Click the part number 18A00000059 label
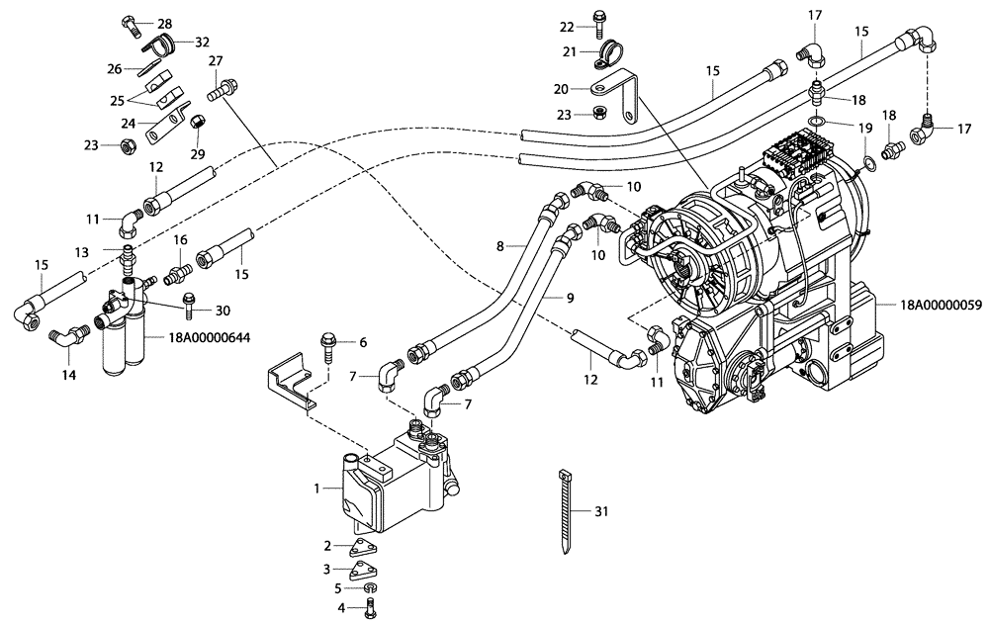click(941, 306)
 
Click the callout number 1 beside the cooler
click(316, 490)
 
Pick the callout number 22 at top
click(566, 26)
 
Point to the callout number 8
click(500, 244)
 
